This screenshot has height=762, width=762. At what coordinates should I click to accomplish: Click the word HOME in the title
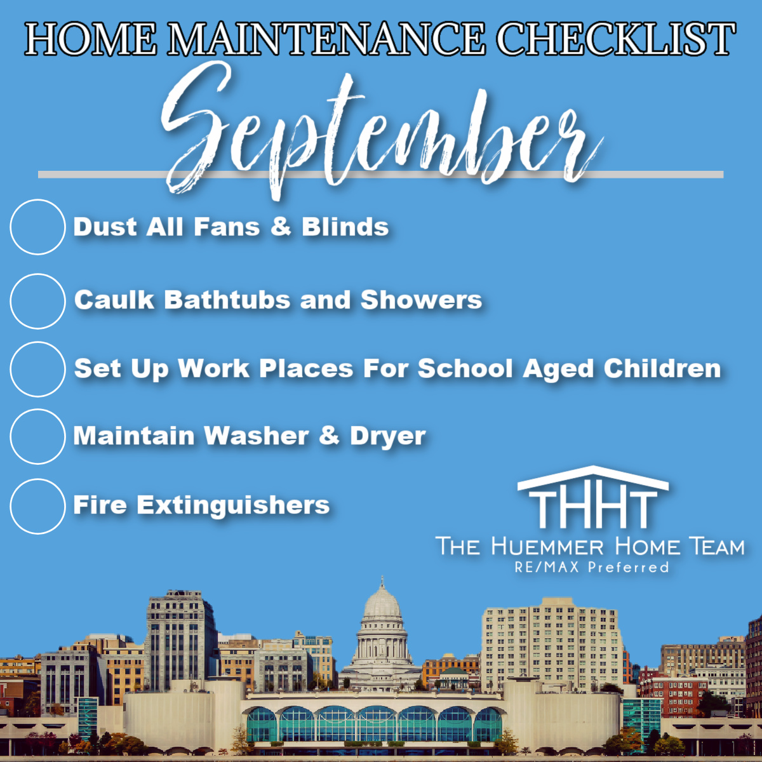(91, 39)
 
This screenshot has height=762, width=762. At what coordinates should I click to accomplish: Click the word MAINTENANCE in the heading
(326, 39)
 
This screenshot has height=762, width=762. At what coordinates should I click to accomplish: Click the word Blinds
(345, 227)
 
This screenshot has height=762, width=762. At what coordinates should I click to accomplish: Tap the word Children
(662, 368)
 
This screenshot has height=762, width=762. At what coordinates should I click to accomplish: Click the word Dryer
(388, 436)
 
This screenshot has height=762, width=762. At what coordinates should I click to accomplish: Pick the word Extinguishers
(233, 505)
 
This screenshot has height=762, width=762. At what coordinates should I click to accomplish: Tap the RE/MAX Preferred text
(592, 567)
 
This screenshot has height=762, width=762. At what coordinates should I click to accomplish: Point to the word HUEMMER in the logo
(548, 547)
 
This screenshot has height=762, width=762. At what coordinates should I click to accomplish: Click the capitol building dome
(382, 602)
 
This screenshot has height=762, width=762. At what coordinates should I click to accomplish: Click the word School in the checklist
(465, 368)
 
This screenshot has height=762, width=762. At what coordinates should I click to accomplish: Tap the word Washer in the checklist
(257, 436)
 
